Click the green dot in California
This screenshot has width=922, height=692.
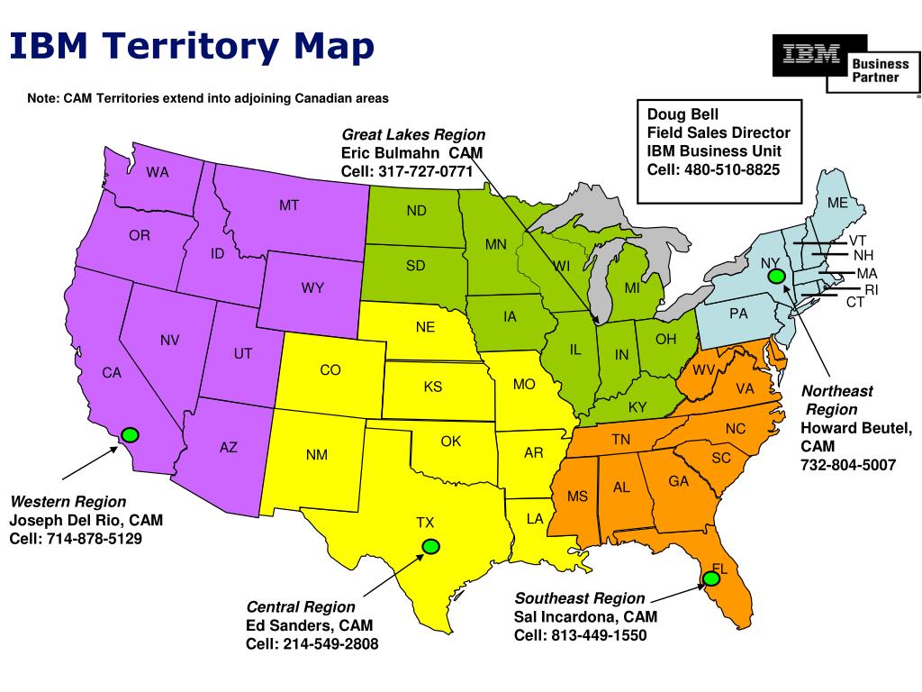tap(130, 435)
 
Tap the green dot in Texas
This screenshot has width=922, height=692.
tap(431, 546)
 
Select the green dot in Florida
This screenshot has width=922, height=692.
tap(711, 579)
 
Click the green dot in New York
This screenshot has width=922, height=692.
tap(776, 276)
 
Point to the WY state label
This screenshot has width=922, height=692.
tap(312, 288)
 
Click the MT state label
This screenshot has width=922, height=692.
tap(289, 205)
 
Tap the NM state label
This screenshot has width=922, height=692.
tap(316, 455)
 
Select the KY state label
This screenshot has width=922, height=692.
tap(637, 407)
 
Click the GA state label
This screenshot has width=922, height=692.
tap(678, 481)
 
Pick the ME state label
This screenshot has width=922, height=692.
tap(837, 203)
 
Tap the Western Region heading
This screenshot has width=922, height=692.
tap(68, 502)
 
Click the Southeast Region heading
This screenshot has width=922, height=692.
tap(580, 598)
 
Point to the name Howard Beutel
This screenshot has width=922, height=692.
tap(856, 428)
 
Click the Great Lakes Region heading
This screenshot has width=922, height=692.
tap(413, 135)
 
